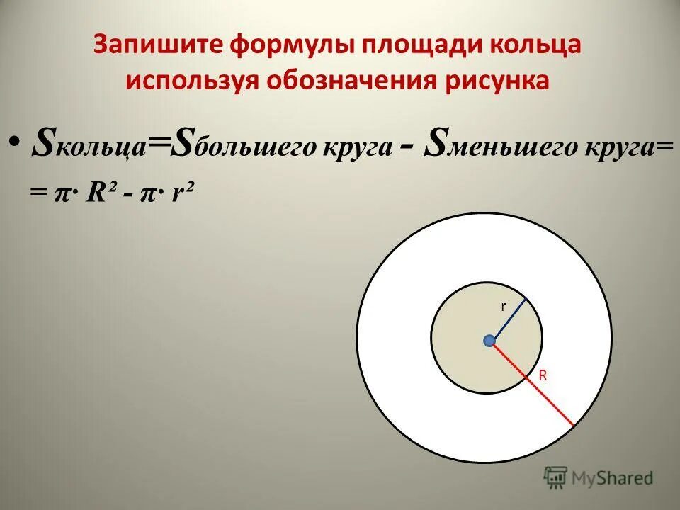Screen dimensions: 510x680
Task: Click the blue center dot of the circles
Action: [489, 341]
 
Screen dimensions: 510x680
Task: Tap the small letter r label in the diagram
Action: [504, 307]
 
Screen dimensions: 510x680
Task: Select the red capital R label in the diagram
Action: [543, 376]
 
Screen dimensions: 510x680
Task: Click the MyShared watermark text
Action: [613, 478]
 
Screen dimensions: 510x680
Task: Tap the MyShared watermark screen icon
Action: [556, 478]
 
